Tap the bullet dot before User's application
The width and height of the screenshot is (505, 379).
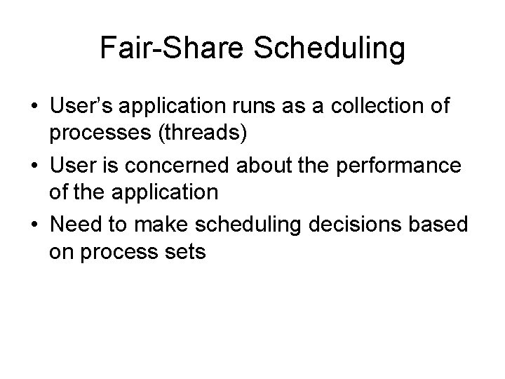(x=34, y=110)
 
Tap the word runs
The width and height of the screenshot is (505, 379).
(x=245, y=109)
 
